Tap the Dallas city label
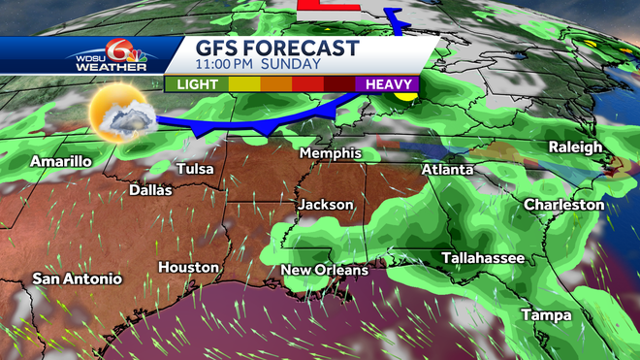pyautogui.click(x=150, y=190)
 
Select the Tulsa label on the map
pyautogui.click(x=195, y=170)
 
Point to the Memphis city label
pyautogui.click(x=330, y=153)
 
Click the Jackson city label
pyautogui.click(x=326, y=205)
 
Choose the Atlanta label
pyautogui.click(x=447, y=170)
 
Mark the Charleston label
pyautogui.click(x=563, y=205)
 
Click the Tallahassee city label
pyautogui.click(x=483, y=258)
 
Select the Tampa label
pyautogui.click(x=545, y=315)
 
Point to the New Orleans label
pyautogui.click(x=324, y=270)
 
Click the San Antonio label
pyautogui.click(x=78, y=278)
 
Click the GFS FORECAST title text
pyautogui.click(x=276, y=49)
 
